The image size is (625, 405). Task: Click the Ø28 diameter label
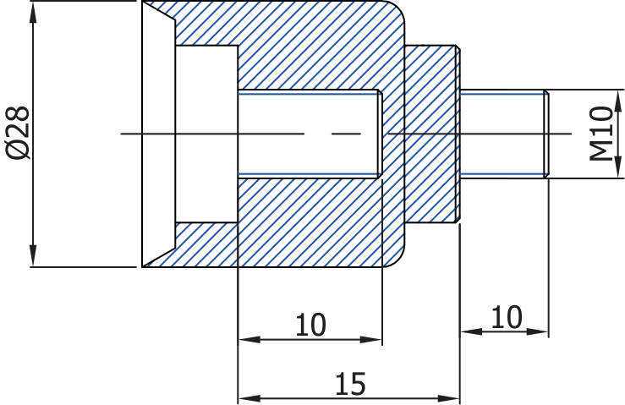[18, 133]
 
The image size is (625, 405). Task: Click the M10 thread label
[601, 133]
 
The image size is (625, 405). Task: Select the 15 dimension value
[350, 384]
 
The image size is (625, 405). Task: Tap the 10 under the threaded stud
[507, 317]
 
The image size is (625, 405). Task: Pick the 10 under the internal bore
[310, 325]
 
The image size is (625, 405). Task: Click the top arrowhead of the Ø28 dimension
[33, 12]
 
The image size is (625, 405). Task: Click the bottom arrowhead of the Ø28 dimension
[33, 256]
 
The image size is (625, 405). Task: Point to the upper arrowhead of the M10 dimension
[618, 101]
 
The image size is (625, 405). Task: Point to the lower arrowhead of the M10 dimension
[618, 167]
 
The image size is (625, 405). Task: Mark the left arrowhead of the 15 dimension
[249, 398]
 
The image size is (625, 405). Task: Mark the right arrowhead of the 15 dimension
[449, 398]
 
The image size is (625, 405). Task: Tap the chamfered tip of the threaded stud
[546, 134]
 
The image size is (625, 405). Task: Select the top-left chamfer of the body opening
[159, 11]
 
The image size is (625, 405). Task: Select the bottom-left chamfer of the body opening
[159, 257]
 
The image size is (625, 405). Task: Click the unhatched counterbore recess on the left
[206, 134]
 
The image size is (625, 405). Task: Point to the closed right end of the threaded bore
[380, 134]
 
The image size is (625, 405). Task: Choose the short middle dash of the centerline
[346, 134]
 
